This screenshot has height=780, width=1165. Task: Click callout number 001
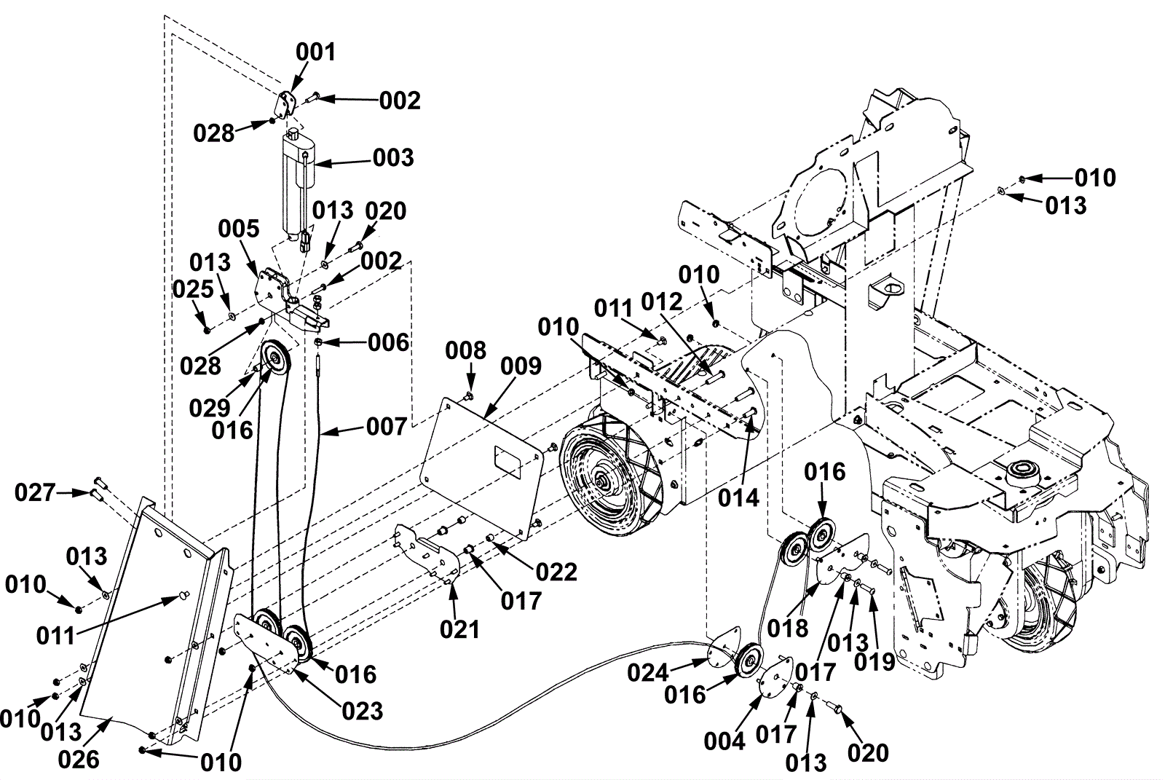coord(315,52)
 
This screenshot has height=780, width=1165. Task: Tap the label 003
coord(393,158)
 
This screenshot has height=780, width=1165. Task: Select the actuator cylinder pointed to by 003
coord(297,182)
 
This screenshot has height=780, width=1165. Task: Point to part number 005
coord(239,229)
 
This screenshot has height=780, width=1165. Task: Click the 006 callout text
coord(388,342)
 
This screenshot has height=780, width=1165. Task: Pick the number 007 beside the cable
coord(386,427)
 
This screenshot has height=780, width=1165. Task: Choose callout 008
coord(466,350)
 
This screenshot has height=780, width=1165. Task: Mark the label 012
coord(662,302)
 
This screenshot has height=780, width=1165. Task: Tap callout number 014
coord(738,498)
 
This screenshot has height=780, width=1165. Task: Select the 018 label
coord(788,627)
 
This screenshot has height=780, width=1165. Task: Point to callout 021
coord(459,629)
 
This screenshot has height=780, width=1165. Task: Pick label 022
coord(556,572)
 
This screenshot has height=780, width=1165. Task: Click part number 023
coord(362,711)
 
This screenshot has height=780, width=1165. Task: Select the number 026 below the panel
coord(78,760)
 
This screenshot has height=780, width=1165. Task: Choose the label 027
coord(34,493)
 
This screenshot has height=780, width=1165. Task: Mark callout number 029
coord(209,408)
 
